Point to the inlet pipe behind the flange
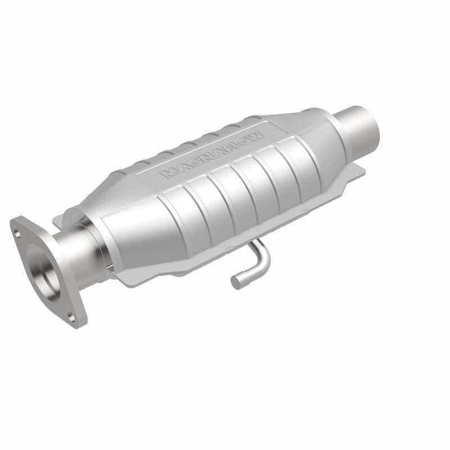tap(73, 247)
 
